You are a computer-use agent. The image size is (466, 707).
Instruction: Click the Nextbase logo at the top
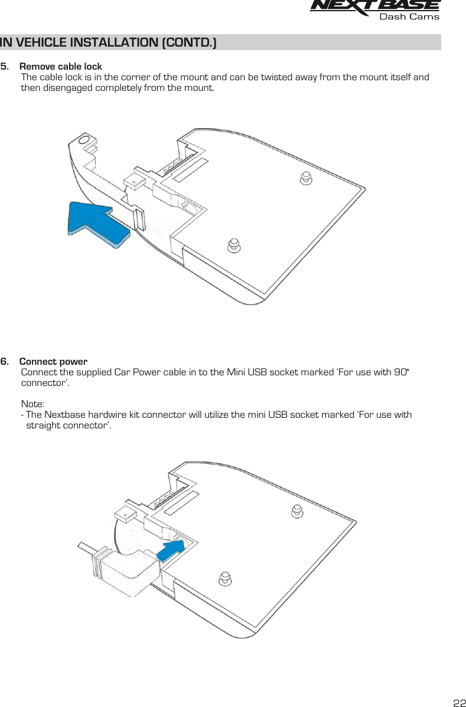tap(374, 6)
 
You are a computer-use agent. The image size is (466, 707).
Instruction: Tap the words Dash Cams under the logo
tap(409, 17)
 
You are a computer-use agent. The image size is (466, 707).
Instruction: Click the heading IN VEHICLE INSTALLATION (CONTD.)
tap(108, 42)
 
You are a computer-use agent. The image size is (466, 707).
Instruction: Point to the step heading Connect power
tap(54, 361)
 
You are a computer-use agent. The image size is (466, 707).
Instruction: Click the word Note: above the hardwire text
tap(32, 404)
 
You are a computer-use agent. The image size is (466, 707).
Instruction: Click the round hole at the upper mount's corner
tap(84, 140)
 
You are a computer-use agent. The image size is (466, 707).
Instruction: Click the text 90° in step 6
tap(402, 372)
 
